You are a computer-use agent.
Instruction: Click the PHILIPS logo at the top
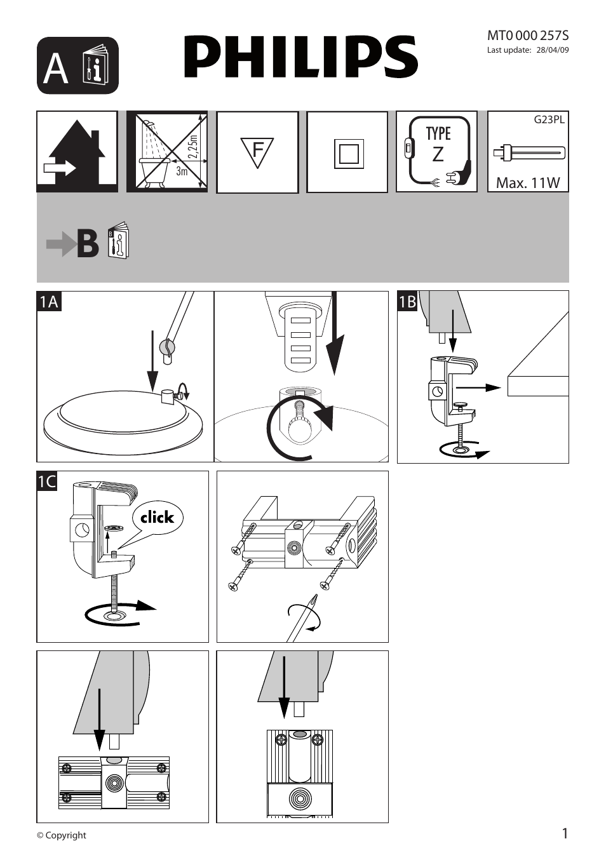click(x=301, y=57)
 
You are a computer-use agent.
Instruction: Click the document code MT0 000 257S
click(x=527, y=36)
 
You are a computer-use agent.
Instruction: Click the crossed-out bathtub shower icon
click(x=166, y=152)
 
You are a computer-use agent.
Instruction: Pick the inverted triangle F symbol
click(x=257, y=152)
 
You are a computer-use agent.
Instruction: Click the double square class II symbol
click(x=348, y=154)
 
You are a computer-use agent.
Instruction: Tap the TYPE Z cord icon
click(x=437, y=152)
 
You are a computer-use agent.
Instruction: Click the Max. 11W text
click(x=528, y=183)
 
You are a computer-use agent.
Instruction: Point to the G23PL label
click(x=549, y=119)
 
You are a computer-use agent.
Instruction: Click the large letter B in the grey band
click(x=88, y=244)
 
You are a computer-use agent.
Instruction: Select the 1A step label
click(x=48, y=301)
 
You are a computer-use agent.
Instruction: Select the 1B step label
click(x=407, y=301)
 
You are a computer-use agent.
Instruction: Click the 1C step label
click(x=48, y=481)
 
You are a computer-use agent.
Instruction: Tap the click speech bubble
click(x=157, y=518)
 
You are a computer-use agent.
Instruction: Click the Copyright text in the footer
click(x=62, y=835)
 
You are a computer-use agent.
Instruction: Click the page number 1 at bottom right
click(x=565, y=833)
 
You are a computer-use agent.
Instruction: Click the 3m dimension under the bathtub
click(x=182, y=171)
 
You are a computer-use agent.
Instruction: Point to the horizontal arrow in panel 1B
click(x=478, y=387)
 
